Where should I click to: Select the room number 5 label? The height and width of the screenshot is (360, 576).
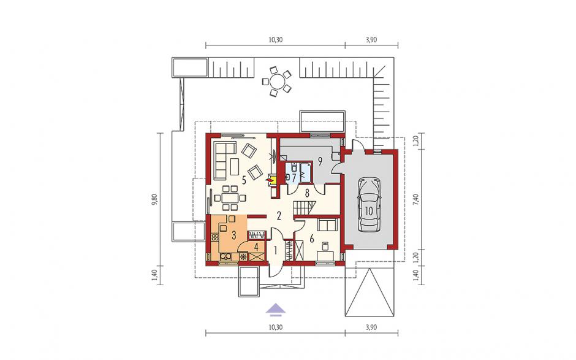(243, 180)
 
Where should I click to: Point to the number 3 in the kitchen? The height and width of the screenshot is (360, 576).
(233, 235)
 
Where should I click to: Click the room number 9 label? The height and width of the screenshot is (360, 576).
(320, 161)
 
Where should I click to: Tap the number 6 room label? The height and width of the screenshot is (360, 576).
(311, 239)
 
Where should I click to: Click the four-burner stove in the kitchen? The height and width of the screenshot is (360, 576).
(214, 237)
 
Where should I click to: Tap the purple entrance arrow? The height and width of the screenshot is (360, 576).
(276, 309)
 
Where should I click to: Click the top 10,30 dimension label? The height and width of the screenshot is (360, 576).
(276, 40)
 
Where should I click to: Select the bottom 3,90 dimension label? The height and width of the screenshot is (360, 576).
(371, 327)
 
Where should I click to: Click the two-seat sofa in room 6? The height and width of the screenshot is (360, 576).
(328, 224)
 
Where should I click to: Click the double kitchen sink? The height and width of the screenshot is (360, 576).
(224, 256)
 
